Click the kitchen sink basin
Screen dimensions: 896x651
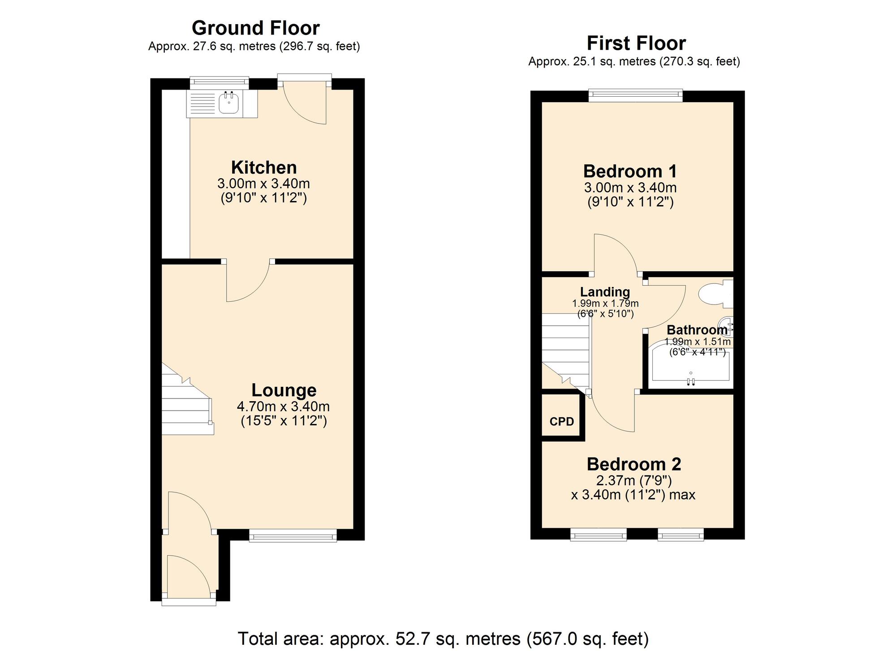tap(228, 103)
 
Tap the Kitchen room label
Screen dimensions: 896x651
tap(264, 167)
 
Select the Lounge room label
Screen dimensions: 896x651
tap(284, 390)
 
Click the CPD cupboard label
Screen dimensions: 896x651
tap(562, 421)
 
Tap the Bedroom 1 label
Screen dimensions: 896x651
tap(630, 171)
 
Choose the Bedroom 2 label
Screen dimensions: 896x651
tap(634, 464)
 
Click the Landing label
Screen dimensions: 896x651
tap(605, 292)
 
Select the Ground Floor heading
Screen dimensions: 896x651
tap(255, 28)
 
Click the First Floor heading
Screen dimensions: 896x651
tap(636, 43)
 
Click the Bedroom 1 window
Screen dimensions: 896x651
tap(635, 94)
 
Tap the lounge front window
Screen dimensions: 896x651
tap(293, 535)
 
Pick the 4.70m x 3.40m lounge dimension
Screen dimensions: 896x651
tap(283, 407)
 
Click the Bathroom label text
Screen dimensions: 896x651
tap(697, 330)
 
